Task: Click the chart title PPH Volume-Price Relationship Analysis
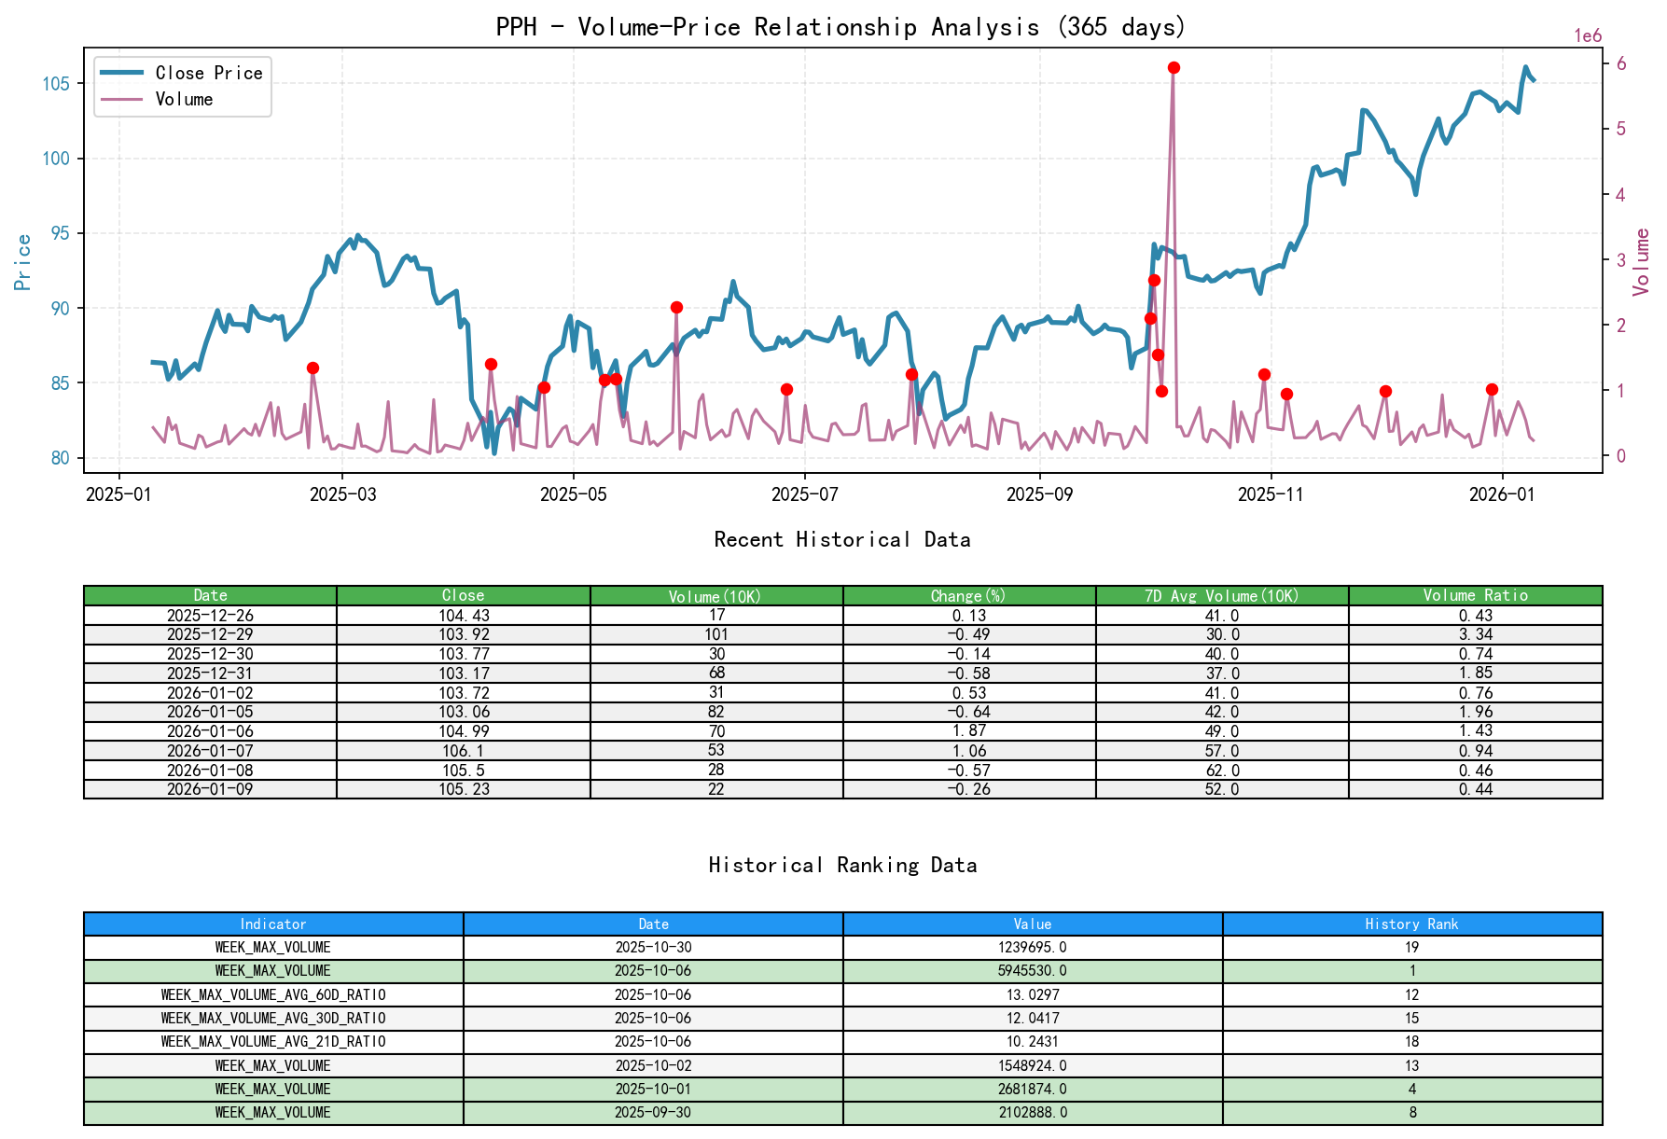point(840,26)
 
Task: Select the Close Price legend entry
point(208,73)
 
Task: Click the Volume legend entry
point(184,99)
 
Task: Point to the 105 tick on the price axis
point(56,84)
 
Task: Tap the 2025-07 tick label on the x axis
point(804,494)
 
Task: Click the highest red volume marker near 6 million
point(1174,68)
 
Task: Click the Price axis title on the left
point(23,262)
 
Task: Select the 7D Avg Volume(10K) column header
point(1221,596)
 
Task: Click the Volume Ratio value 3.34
point(1475,634)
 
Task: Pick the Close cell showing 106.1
point(463,751)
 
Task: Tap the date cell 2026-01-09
point(210,789)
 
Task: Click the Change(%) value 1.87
point(968,731)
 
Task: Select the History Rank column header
point(1411,924)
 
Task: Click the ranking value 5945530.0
point(1032,971)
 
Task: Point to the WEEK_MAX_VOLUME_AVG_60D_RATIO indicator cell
point(273,994)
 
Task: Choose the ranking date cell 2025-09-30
point(653,1112)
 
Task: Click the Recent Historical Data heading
point(841,540)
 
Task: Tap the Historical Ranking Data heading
point(841,866)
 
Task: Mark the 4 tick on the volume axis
point(1621,195)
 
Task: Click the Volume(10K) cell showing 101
point(715,634)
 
